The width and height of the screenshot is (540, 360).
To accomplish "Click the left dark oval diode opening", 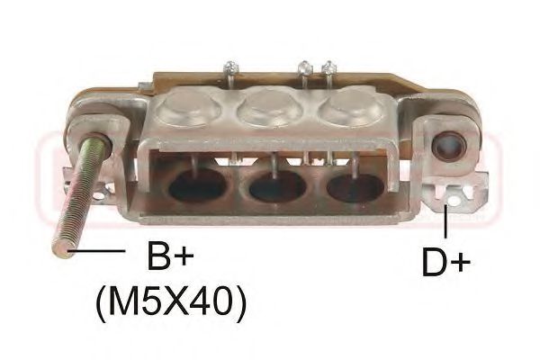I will (199, 184).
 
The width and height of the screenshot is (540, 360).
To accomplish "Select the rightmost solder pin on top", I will (328, 67).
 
